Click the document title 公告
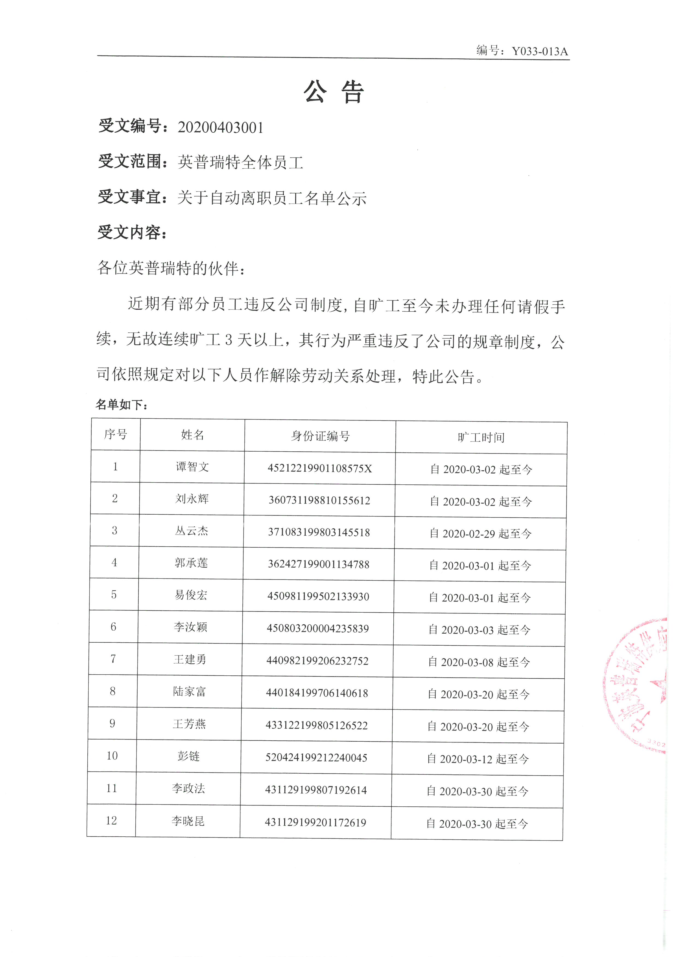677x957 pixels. pos(334,92)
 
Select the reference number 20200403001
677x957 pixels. pos(221,127)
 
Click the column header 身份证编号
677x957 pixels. pos(320,436)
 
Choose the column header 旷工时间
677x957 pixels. pos(481,437)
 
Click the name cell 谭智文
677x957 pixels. pos(192,467)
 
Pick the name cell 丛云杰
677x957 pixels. pos(191,531)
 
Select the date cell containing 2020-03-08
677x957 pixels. pos(479,662)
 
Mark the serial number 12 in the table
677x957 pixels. pos(111,820)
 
